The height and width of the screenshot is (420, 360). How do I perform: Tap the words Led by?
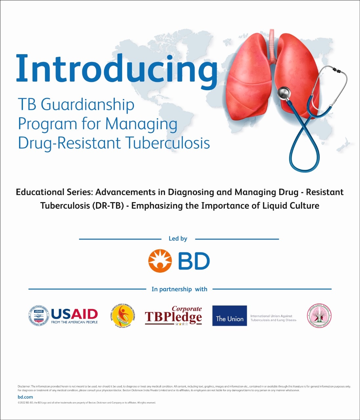coord(178,239)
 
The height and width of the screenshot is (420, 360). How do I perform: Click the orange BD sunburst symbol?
coord(160,261)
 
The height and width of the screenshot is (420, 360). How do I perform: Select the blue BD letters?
coord(194,261)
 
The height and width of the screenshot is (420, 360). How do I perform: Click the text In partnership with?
coord(179,289)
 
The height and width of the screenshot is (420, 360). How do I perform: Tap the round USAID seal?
coord(38,316)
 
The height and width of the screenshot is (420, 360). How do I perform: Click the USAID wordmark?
coord(74,314)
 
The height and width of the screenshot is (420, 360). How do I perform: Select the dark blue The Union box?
coord(229,316)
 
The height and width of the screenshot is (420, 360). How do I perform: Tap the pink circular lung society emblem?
coord(319,316)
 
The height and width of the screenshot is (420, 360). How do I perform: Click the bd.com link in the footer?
coord(25,397)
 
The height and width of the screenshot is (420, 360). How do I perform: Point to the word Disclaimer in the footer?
coord(24,387)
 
